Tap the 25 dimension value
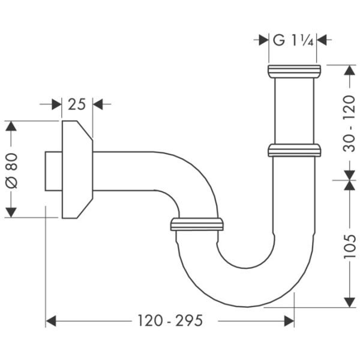[77, 104]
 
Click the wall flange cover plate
[77, 170]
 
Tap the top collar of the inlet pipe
[294, 71]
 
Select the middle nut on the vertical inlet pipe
[294, 150]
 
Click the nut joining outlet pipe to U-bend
[197, 224]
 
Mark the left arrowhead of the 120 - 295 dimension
[51, 321]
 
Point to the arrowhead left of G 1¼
[262, 40]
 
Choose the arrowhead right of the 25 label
[98, 104]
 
